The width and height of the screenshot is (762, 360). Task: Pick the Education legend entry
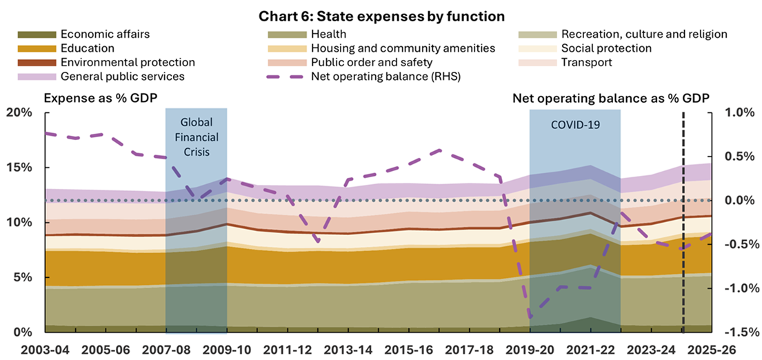click(88, 48)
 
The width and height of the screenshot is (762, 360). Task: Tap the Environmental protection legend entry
click(128, 62)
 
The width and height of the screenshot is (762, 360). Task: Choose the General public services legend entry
click(122, 76)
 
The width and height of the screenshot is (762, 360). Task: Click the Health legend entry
click(328, 34)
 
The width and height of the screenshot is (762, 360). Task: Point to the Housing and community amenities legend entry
click(403, 48)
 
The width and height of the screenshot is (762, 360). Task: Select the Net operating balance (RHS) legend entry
click(385, 76)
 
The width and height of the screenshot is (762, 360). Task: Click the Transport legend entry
click(586, 62)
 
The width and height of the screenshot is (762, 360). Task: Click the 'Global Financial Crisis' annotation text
click(196, 137)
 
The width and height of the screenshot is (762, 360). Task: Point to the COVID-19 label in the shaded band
click(574, 126)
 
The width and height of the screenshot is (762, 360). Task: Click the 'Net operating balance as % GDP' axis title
click(611, 99)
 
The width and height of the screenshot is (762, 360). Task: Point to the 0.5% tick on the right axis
click(740, 157)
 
